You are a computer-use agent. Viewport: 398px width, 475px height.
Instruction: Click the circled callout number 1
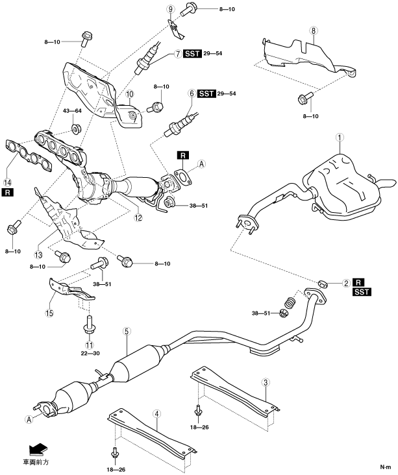click(338, 138)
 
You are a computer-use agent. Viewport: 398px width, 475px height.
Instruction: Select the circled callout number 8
click(314, 30)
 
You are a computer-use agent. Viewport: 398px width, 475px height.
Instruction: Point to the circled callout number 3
click(266, 382)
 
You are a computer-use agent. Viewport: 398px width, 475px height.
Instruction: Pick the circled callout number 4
click(158, 413)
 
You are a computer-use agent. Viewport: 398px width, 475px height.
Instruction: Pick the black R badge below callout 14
click(8, 193)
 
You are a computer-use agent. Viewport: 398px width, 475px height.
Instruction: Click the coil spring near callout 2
click(291, 301)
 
